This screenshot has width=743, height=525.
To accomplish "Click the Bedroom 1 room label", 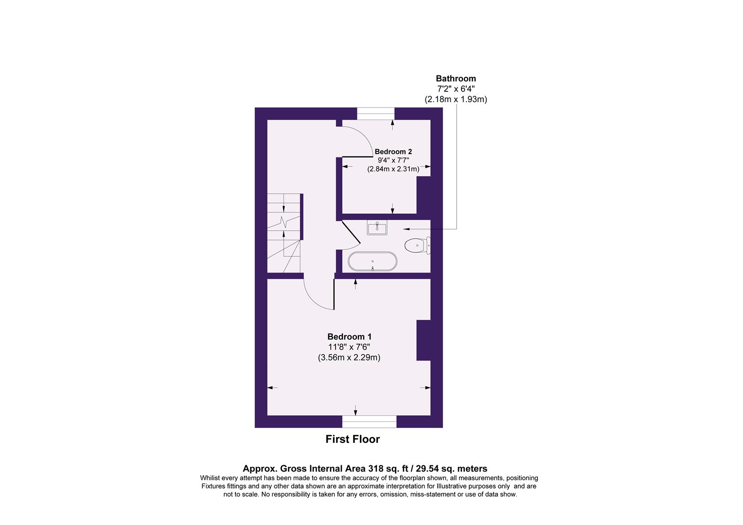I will click(349, 336).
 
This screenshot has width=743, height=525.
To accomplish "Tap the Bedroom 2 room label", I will click(393, 152).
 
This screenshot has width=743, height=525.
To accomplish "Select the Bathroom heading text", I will click(456, 78).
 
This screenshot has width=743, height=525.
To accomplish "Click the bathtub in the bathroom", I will click(372, 262).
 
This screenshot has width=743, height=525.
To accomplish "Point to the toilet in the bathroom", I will click(416, 245).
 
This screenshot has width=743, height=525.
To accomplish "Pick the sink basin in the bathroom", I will click(377, 227).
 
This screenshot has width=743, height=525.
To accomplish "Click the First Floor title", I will click(352, 439).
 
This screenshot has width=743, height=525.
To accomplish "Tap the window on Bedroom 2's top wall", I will click(375, 114).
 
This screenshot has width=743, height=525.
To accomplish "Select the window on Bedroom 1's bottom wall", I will click(369, 421).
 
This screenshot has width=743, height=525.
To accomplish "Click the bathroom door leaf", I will click(350, 232).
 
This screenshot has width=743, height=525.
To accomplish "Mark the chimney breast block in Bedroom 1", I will click(424, 340).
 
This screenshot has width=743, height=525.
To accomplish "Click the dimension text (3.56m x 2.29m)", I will click(349, 358).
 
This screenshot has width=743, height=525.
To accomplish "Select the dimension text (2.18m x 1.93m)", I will click(456, 99).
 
